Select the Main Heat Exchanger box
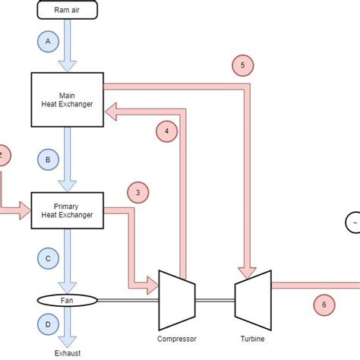[66, 99]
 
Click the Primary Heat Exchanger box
[66, 210]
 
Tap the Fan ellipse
[66, 300]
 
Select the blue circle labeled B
[48, 159]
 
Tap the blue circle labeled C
[48, 258]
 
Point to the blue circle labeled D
[48, 324]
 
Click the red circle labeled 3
[137, 193]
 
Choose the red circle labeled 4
[166, 131]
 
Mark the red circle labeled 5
[242, 66]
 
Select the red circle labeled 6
[324, 305]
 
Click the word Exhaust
[66, 352]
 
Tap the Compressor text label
[176, 339]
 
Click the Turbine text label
[251, 339]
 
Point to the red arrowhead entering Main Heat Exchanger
[112, 113]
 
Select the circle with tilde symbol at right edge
[354, 222]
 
